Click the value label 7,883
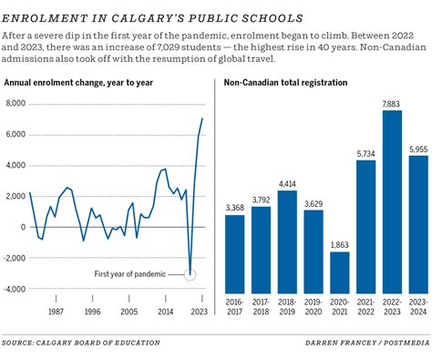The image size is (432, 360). [x=391, y=129]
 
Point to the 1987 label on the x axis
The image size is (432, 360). [x=56, y=311]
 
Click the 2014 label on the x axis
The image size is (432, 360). [x=164, y=311]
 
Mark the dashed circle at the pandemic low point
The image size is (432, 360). [x=190, y=273]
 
